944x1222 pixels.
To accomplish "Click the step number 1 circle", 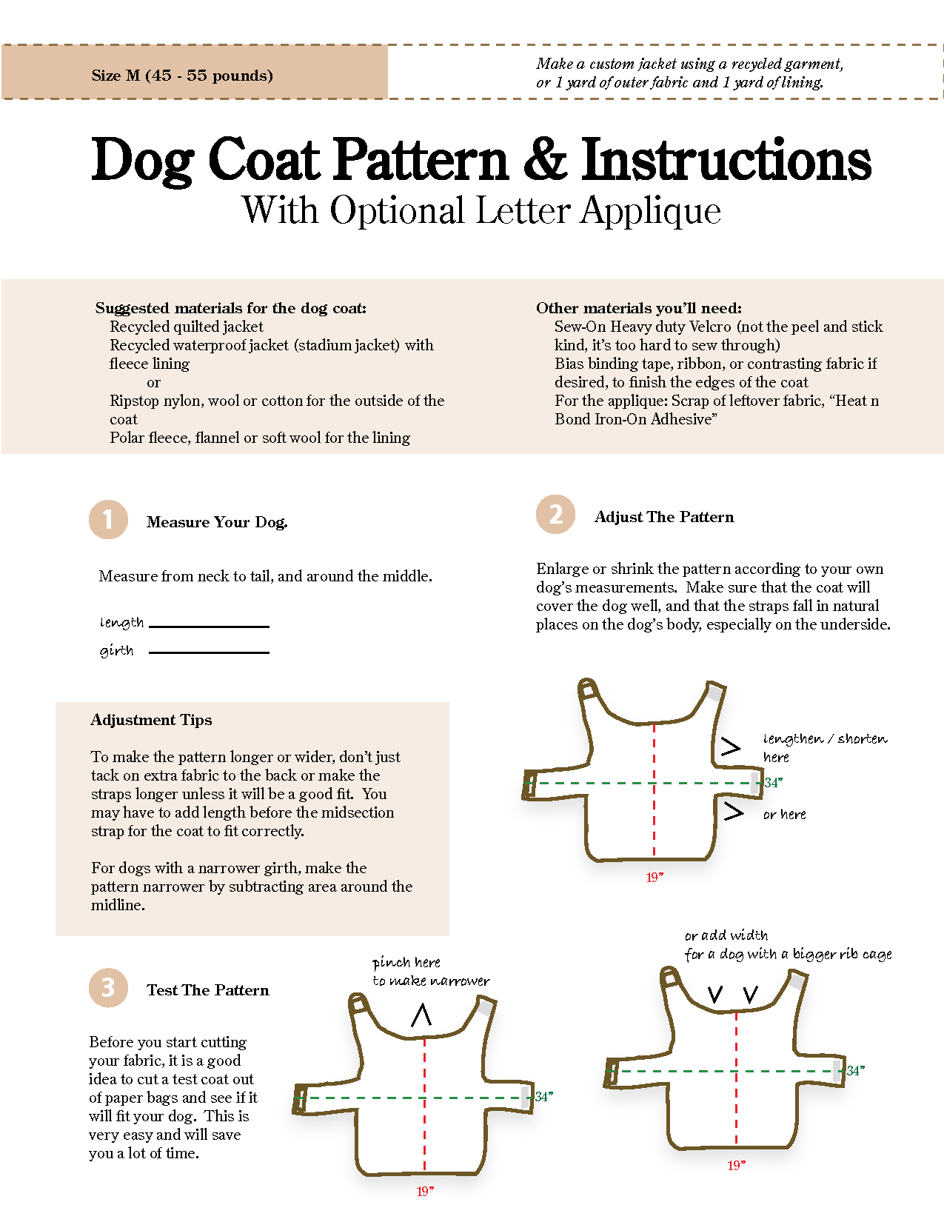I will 108,519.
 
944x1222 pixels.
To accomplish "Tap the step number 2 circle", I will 555,514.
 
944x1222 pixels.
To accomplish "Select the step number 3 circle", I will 108,987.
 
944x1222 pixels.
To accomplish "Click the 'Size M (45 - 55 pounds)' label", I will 182,76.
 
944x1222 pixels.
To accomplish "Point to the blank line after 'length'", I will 209,626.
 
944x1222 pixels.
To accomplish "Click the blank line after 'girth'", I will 209,652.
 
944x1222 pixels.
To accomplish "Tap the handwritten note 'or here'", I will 784,815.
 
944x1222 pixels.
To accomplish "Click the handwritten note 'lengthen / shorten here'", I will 823,747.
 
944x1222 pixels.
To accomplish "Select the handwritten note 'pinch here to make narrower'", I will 430,972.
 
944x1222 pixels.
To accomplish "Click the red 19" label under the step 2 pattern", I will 655,878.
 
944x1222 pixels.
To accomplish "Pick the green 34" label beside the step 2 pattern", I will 774,783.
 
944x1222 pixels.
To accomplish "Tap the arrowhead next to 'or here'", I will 733,812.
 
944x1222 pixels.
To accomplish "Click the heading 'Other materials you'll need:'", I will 638,308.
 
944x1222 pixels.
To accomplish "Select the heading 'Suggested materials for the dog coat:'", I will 230,308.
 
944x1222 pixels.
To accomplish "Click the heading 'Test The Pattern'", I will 207,990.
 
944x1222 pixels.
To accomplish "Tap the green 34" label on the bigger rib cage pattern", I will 856,1071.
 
